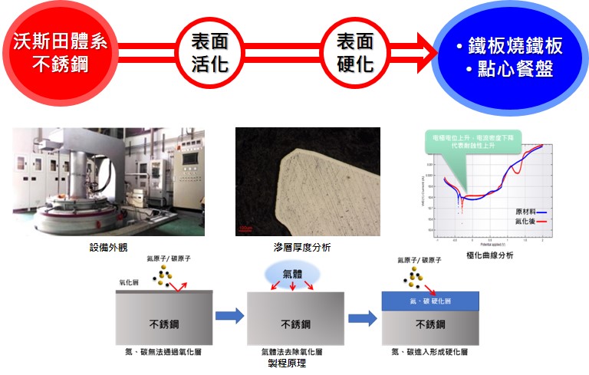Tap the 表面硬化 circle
click(x=354, y=51)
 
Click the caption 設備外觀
click(x=106, y=248)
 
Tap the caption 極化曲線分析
click(x=490, y=255)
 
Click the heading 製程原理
click(x=295, y=364)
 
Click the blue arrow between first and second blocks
click(x=229, y=316)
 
